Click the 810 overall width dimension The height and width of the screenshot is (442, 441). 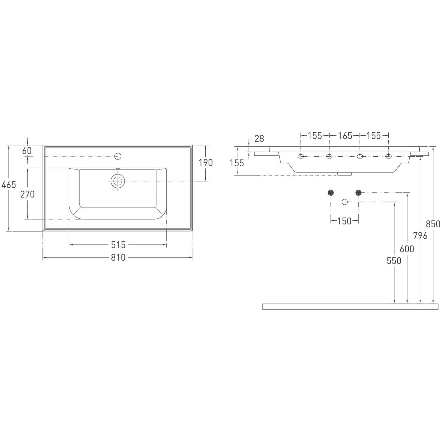pyautogui.click(x=118, y=258)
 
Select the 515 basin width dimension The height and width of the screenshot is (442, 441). pyautogui.click(x=118, y=245)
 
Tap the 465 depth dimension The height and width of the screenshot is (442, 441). pyautogui.click(x=9, y=184)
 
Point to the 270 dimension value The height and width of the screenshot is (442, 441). pyautogui.click(x=27, y=194)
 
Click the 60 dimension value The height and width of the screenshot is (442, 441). pyautogui.click(x=27, y=151)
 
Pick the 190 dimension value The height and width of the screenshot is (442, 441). pyautogui.click(x=206, y=163)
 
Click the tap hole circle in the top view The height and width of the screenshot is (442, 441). pyautogui.click(x=118, y=156)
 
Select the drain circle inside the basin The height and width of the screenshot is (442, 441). pyautogui.click(x=118, y=181)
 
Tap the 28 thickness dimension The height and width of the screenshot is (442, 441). pyautogui.click(x=259, y=138)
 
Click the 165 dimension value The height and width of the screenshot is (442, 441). pyautogui.click(x=345, y=136)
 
